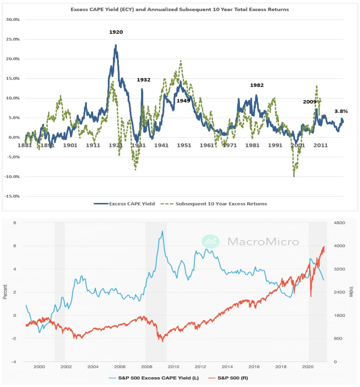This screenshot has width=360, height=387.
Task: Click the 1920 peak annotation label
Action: pos(116,32)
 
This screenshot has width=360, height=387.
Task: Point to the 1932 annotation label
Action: pos(144,80)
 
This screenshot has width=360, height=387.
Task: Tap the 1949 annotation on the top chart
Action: pos(183,101)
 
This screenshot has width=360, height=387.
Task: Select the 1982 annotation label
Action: pos(257,86)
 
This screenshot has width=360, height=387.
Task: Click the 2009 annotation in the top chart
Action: pos(309,102)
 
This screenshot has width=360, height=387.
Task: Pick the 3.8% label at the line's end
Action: pos(341,111)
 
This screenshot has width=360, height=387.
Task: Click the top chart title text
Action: pos(180,9)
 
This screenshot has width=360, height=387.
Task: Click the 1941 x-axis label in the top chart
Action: pos(161,145)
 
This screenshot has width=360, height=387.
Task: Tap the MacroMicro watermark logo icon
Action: pos(211,241)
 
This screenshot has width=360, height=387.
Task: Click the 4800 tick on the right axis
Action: pos(338,223)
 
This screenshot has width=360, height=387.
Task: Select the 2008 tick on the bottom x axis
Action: pos(146,367)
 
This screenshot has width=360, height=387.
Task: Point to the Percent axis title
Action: pos(5,292)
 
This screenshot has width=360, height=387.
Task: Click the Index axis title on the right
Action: pos(351,292)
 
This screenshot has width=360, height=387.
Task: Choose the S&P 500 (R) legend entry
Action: pos(227,378)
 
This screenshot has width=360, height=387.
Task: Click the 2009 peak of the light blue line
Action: pos(163,231)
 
